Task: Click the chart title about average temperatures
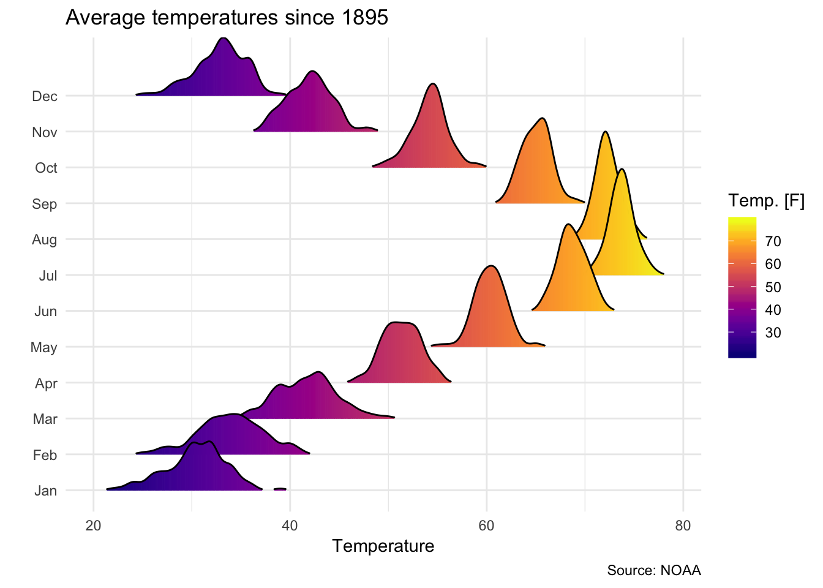pyautogui.click(x=227, y=17)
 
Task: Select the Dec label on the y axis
pyautogui.click(x=45, y=96)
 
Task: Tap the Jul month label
pyautogui.click(x=48, y=276)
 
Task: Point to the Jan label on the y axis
pyautogui.click(x=46, y=491)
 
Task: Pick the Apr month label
pyautogui.click(x=46, y=383)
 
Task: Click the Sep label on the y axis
pyautogui.click(x=45, y=204)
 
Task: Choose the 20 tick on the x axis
pyautogui.click(x=93, y=526)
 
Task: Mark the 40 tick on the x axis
pyautogui.click(x=290, y=526)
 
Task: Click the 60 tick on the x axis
pyautogui.click(x=486, y=526)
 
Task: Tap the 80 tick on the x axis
pyautogui.click(x=683, y=526)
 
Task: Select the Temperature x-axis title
pyautogui.click(x=383, y=546)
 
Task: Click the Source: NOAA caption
pyautogui.click(x=654, y=571)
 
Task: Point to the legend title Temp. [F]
pyautogui.click(x=766, y=201)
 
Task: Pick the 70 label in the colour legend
pyautogui.click(x=773, y=241)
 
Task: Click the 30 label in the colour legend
pyautogui.click(x=773, y=333)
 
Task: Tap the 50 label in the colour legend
pyautogui.click(x=773, y=287)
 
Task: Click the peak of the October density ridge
pyautogui.click(x=433, y=84)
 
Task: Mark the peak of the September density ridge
pyautogui.click(x=543, y=118)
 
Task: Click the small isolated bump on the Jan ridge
pyautogui.click(x=280, y=489)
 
